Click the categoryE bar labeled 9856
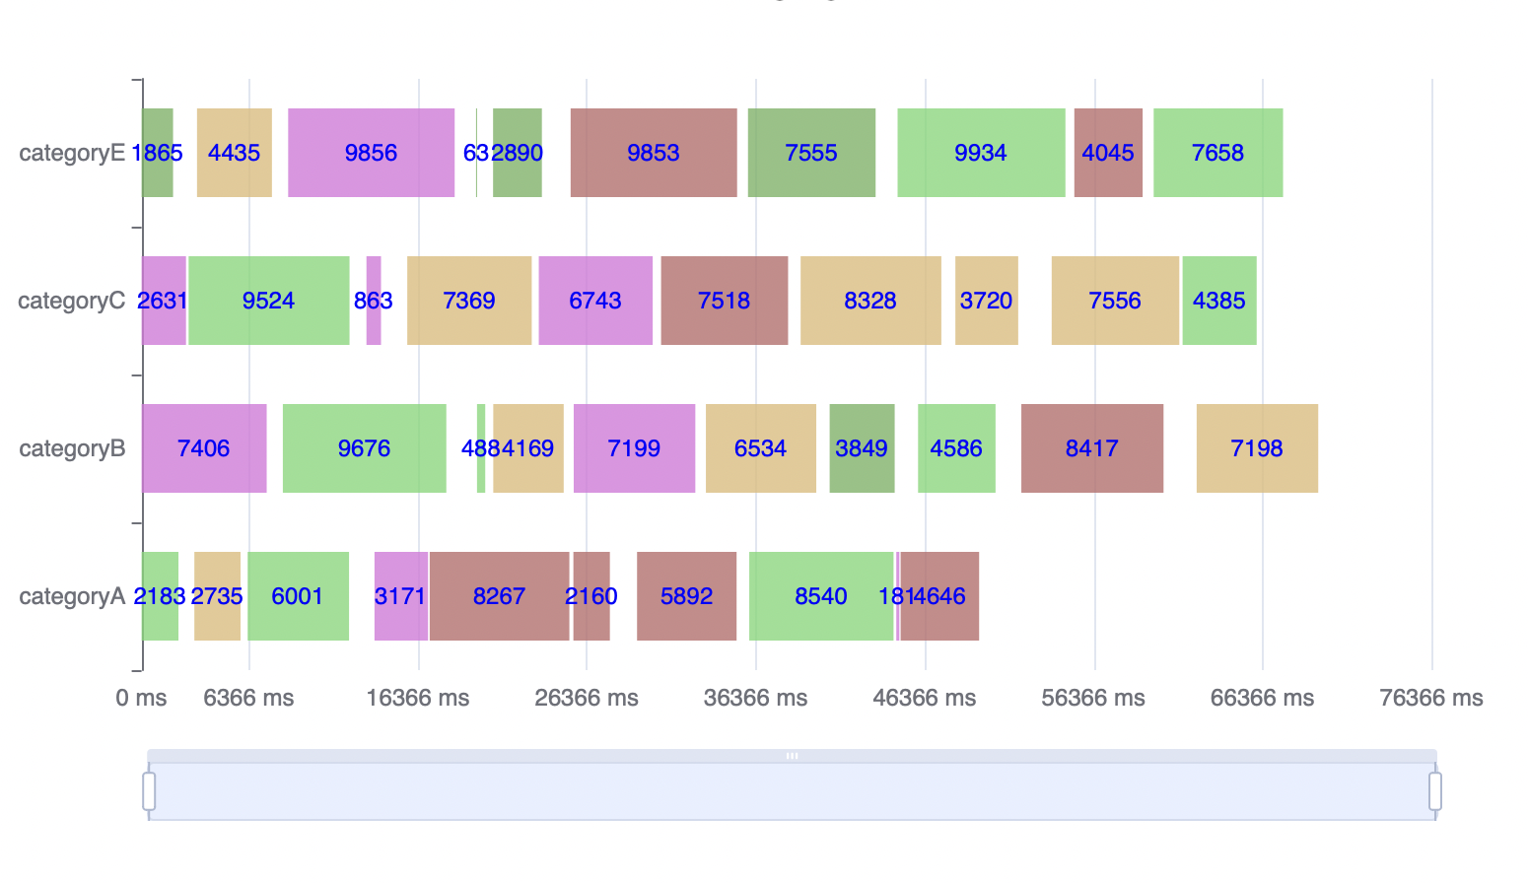(x=371, y=153)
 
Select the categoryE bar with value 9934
(x=981, y=153)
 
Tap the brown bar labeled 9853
(x=654, y=153)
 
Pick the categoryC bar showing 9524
(x=268, y=301)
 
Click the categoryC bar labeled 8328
(x=870, y=301)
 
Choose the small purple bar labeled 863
(x=374, y=301)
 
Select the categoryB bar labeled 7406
(x=204, y=448)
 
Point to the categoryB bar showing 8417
(x=1091, y=448)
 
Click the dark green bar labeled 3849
(x=862, y=448)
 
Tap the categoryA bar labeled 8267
(x=499, y=596)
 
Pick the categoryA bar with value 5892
(x=686, y=596)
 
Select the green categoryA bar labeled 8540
(x=821, y=596)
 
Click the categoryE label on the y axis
(x=72, y=153)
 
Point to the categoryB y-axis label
(x=72, y=448)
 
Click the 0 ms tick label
(x=141, y=698)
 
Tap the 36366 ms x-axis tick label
(x=755, y=698)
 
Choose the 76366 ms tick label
(x=1431, y=698)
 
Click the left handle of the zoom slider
(x=149, y=790)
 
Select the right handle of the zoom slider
(x=1435, y=790)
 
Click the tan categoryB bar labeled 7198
(x=1257, y=448)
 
